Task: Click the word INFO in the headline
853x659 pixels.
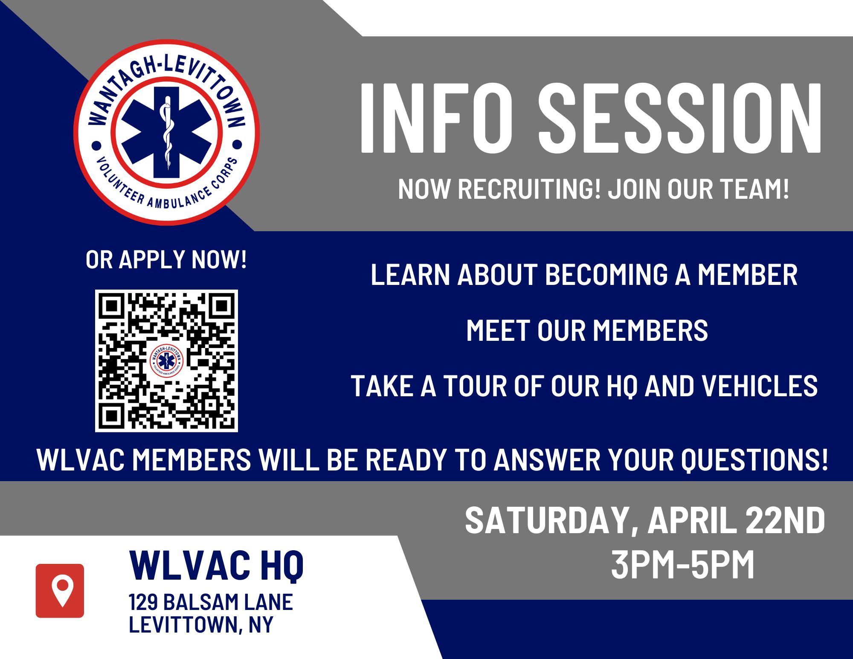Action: (436, 118)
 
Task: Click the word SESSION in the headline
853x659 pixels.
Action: (679, 118)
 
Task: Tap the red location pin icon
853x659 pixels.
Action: (60, 591)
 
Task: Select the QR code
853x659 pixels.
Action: (166, 361)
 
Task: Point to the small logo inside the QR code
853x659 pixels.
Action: (166, 361)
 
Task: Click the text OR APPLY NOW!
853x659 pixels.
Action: (166, 259)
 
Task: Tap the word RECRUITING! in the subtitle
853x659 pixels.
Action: (529, 189)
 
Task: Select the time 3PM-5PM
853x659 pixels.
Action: (683, 565)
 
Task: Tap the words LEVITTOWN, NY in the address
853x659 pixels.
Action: (201, 625)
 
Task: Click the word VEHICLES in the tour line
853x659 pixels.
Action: (760, 386)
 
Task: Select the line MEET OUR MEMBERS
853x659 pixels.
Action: (587, 331)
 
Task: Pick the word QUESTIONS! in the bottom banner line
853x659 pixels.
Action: (754, 460)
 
